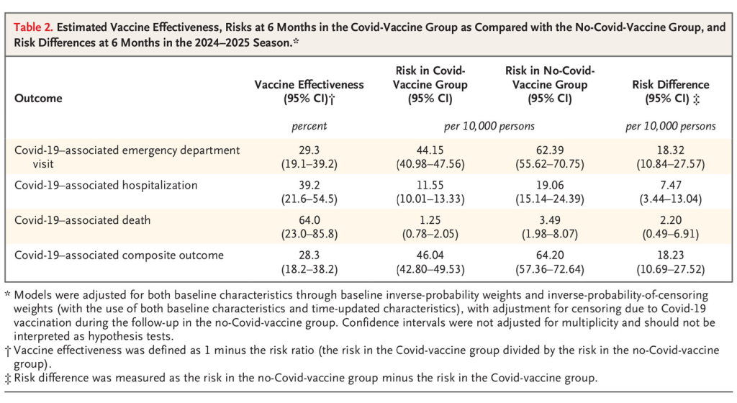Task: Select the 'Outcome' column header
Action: click(38, 98)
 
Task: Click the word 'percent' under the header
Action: click(309, 127)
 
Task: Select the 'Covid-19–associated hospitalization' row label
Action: click(105, 184)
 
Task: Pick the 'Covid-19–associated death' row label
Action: click(82, 219)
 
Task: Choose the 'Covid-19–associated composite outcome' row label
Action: click(119, 255)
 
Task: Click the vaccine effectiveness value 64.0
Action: click(309, 219)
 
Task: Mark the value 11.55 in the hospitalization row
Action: click(430, 184)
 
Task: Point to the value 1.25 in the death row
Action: click(430, 219)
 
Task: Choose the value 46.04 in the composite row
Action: click(430, 255)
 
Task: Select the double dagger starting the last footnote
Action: click(8, 377)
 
